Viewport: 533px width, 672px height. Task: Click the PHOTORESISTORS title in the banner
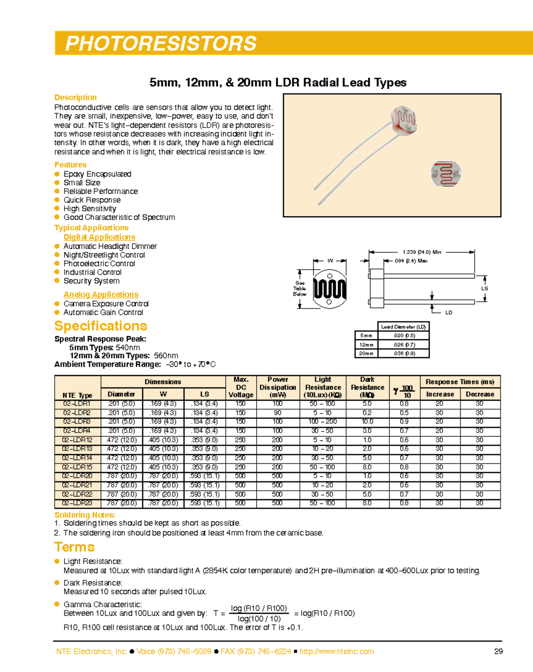tap(161, 44)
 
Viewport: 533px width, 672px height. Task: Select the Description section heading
tap(76, 97)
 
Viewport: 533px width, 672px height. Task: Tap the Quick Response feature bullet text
tap(92, 200)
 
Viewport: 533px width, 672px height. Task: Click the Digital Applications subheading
tap(99, 237)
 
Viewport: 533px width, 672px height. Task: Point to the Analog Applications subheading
tap(101, 294)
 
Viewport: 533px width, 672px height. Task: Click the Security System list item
tap(91, 281)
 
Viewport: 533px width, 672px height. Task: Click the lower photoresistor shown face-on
tap(446, 174)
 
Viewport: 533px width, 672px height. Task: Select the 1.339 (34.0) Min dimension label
tap(422, 252)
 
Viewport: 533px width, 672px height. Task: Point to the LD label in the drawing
tap(449, 313)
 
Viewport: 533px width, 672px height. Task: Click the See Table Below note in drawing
tap(300, 288)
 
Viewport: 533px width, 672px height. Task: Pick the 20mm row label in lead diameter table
tap(366, 354)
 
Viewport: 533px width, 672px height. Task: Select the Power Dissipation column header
tap(278, 387)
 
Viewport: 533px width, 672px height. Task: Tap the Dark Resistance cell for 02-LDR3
tap(367, 421)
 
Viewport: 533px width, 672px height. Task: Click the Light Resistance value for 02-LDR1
tap(322, 404)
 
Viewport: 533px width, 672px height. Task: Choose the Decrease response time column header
tap(480, 394)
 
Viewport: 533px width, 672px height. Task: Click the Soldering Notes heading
tap(85, 515)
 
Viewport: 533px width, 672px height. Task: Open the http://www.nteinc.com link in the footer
tap(337, 652)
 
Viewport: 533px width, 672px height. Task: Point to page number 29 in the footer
tap(498, 652)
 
